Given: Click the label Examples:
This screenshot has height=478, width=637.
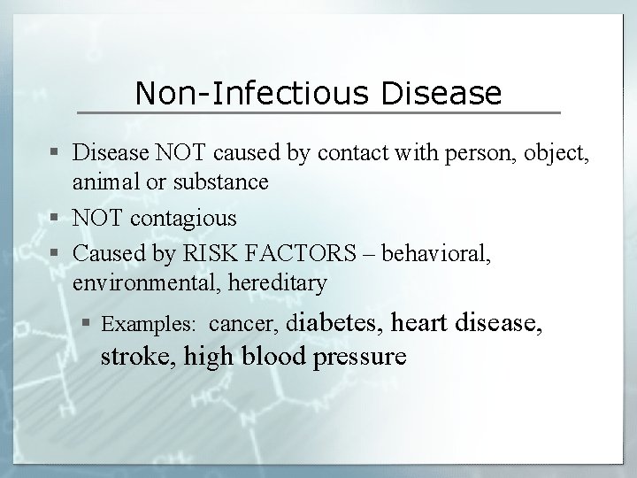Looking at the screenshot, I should (x=149, y=325).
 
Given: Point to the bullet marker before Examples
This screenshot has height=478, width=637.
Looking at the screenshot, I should (x=92, y=325).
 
